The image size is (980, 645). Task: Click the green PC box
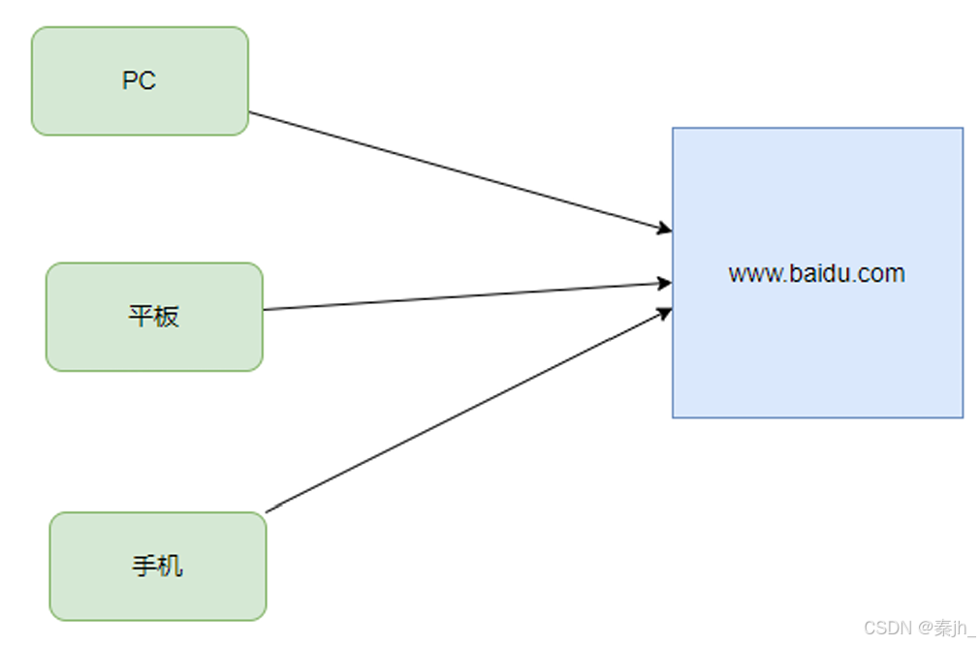[x=140, y=80]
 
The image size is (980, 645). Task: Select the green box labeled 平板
[x=154, y=317]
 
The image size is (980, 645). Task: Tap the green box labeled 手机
[x=158, y=567]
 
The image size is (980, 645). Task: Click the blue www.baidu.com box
[x=817, y=273]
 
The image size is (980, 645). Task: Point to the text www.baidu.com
[x=817, y=273]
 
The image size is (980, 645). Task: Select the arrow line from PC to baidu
[x=460, y=171]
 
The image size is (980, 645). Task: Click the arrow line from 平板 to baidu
[x=467, y=296]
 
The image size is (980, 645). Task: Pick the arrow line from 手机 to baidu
[x=469, y=411]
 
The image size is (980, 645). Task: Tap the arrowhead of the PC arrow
[x=665, y=229]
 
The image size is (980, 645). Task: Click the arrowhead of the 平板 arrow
[x=665, y=284]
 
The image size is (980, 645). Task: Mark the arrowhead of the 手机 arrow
[x=665, y=312]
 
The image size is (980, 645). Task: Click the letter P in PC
[x=130, y=80]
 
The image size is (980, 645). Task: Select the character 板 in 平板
[x=167, y=317]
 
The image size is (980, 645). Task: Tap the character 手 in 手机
[x=144, y=567]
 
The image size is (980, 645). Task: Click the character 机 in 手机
[x=171, y=567]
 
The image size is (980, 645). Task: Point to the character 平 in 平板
[x=142, y=317]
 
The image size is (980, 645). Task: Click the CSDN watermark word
[x=888, y=628]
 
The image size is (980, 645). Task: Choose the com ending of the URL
[x=882, y=275]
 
